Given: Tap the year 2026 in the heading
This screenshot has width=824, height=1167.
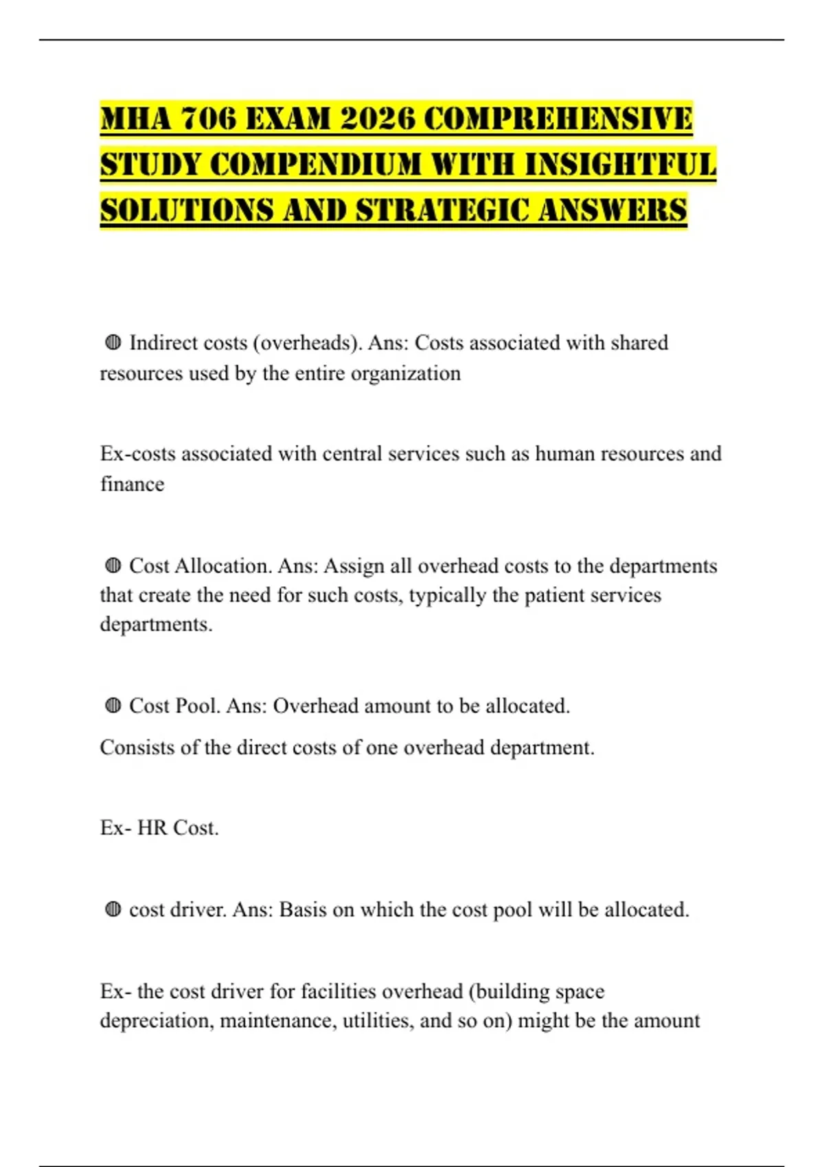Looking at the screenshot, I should point(378,119).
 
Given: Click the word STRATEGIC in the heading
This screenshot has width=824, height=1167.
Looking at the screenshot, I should point(442,210).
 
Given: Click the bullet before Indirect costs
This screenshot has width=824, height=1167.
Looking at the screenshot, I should point(113,342).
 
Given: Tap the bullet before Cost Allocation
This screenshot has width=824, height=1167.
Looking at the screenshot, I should point(113,566).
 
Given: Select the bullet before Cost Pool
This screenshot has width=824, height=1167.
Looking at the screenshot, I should point(113,706).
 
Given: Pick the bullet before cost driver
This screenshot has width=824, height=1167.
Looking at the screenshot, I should point(113,910).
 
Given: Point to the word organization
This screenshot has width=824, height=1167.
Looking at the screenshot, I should point(405,373).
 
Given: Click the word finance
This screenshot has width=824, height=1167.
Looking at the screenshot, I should point(132,484).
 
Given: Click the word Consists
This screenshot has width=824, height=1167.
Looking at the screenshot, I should point(137,747).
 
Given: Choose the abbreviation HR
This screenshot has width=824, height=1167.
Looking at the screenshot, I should point(152,828).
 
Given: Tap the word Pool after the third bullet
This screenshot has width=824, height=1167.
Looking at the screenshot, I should point(197,706).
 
